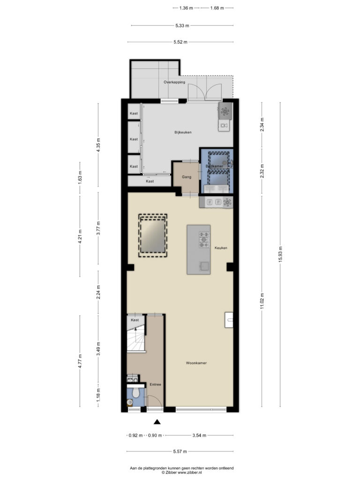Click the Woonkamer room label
pyautogui.click(x=196, y=363)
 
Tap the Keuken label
pyautogui.click(x=221, y=247)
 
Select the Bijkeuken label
pyautogui.click(x=183, y=132)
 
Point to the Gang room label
pyautogui.click(x=187, y=177)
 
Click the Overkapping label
pyautogui.click(x=174, y=82)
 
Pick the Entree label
pyautogui.click(x=155, y=384)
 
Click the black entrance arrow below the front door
pyautogui.click(x=157, y=422)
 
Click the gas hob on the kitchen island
pyautogui.click(x=204, y=240)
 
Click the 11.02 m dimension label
pyautogui.click(x=262, y=301)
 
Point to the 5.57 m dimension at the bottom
pyautogui.click(x=180, y=451)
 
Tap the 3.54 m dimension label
pyautogui.click(x=199, y=435)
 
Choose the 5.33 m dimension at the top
pyautogui.click(x=182, y=25)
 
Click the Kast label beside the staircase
pyautogui.click(x=135, y=320)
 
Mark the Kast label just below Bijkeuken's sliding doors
pyautogui.click(x=150, y=181)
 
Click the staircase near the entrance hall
pyautogui.click(x=136, y=337)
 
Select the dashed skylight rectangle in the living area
pyautogui.click(x=153, y=235)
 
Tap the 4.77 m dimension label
pyautogui.click(x=80, y=361)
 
